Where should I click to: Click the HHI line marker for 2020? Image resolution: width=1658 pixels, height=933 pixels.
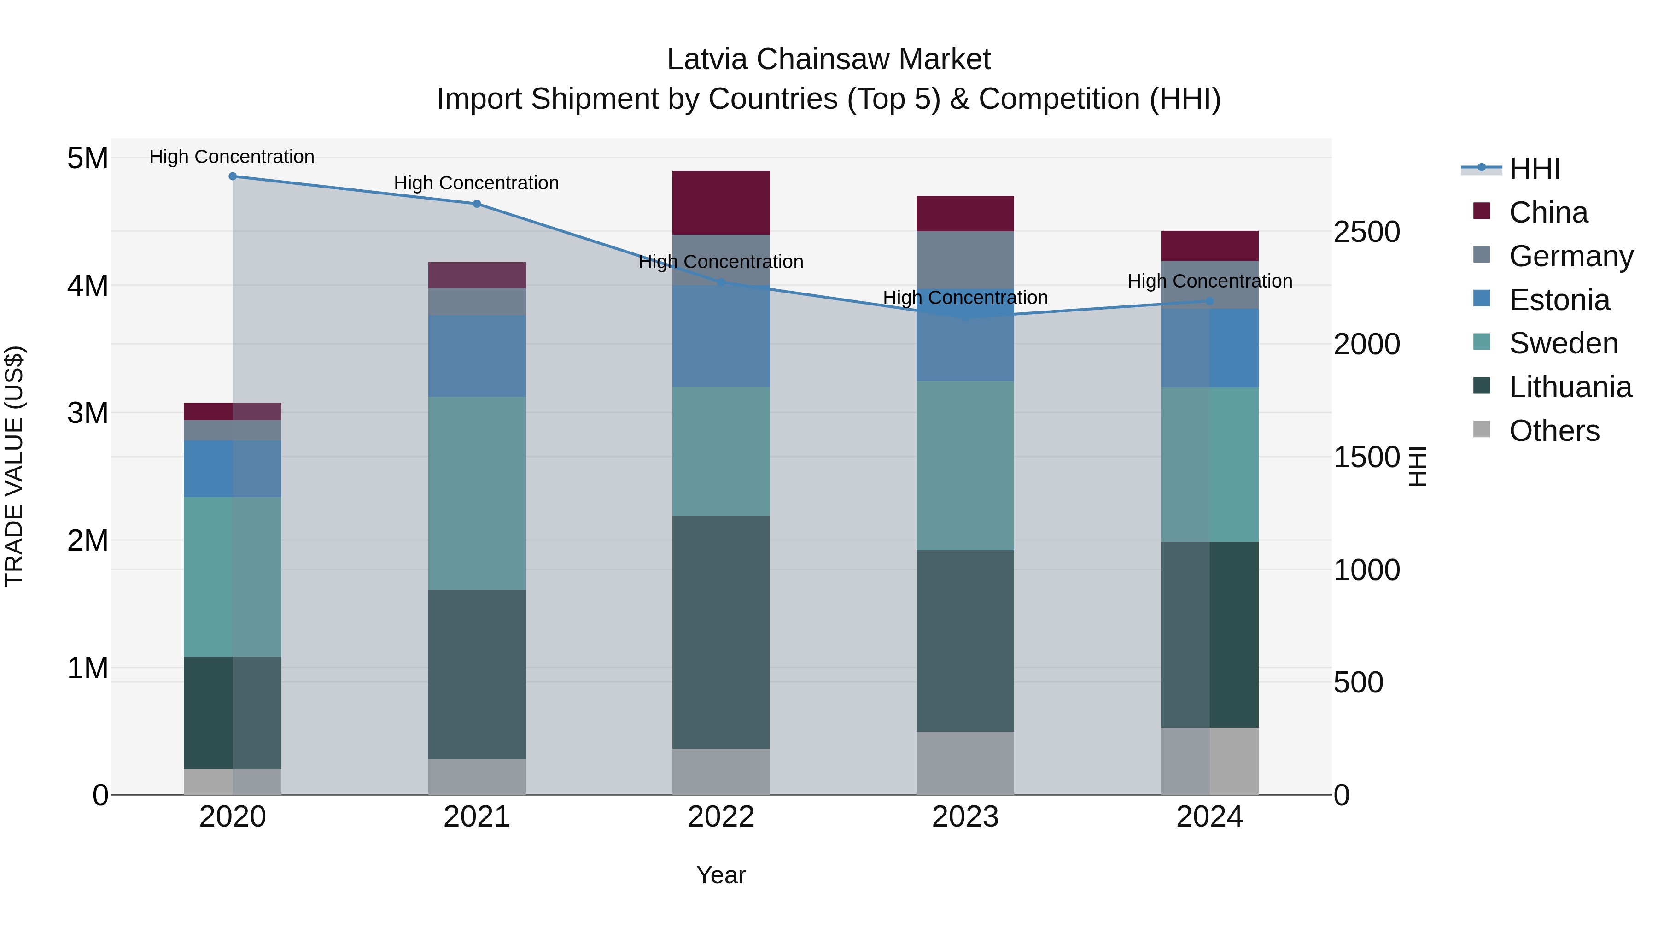pyautogui.click(x=233, y=176)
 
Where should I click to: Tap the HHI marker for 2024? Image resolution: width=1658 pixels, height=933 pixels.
pyautogui.click(x=1209, y=301)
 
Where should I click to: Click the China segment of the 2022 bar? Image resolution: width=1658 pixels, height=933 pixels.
pyautogui.click(x=721, y=203)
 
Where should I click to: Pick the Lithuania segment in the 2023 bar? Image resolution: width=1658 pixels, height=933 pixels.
pyautogui.click(x=965, y=641)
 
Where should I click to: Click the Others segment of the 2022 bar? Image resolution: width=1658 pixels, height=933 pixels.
pyautogui.click(x=721, y=771)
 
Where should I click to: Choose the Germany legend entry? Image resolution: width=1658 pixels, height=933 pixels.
pyautogui.click(x=1570, y=256)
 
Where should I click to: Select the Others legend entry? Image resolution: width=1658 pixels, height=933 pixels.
pyautogui.click(x=1554, y=431)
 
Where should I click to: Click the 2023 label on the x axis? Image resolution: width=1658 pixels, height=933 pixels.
pyautogui.click(x=965, y=817)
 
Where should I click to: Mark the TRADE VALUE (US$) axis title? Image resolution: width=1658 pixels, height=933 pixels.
pyautogui.click(x=14, y=466)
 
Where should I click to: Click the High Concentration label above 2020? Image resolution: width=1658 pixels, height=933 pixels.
pyautogui.click(x=232, y=157)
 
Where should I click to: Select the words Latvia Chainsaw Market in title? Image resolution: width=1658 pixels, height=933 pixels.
pyautogui.click(x=829, y=59)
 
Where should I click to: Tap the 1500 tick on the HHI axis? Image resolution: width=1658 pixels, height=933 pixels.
pyautogui.click(x=1366, y=457)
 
